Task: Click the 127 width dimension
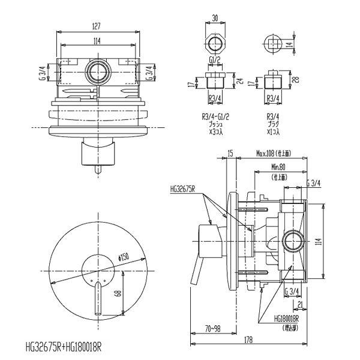tap(97, 26)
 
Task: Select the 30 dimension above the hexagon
tap(215, 18)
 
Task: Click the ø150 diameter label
tap(125, 257)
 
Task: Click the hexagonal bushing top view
tap(215, 43)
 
